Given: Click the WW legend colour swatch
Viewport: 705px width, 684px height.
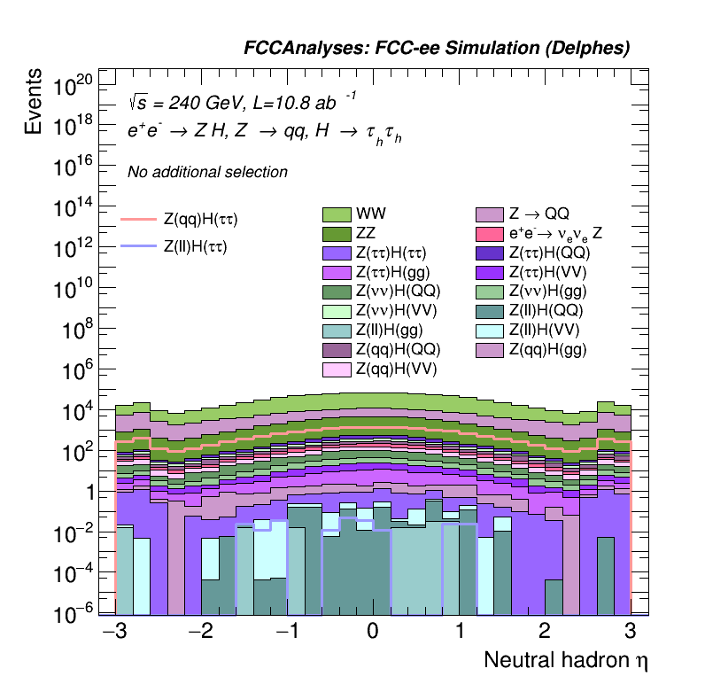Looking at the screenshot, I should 337,214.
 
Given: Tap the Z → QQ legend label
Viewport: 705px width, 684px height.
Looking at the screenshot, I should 538,214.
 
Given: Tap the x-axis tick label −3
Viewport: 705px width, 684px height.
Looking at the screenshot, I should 112,632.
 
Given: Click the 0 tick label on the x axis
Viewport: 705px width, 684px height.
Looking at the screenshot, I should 373,632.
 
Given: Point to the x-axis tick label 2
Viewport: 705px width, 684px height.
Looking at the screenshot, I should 545,632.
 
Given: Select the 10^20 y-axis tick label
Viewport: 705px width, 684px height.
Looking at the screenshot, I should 74,87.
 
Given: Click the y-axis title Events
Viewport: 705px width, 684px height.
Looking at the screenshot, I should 34,102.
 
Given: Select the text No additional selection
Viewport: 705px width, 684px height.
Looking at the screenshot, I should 207,172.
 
